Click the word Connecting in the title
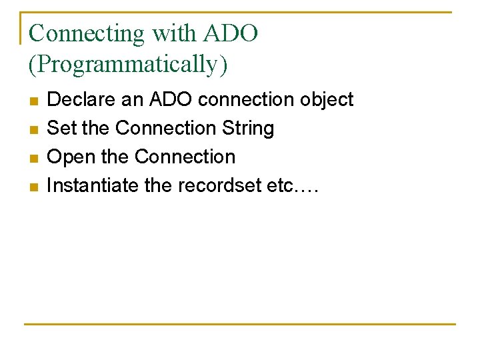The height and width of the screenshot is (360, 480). [87, 33]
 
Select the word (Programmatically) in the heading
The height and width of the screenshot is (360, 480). [128, 65]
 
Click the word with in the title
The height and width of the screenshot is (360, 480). [174, 33]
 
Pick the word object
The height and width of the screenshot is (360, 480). [327, 100]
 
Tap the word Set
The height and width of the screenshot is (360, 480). [62, 128]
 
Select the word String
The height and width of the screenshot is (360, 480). [249, 128]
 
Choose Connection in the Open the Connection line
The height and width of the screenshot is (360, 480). [185, 157]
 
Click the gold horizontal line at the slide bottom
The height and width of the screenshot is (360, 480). [240, 324]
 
